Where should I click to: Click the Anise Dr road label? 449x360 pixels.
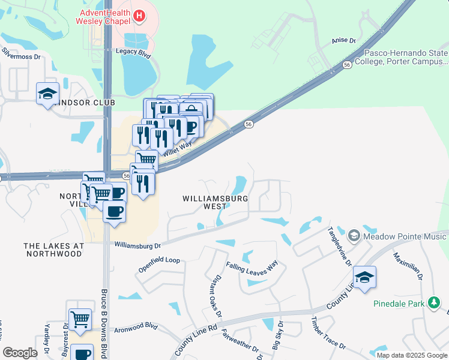pyautogui.click(x=343, y=41)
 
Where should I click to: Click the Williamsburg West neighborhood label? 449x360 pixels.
pyautogui.click(x=204, y=202)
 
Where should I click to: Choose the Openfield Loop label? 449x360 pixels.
pyautogui.click(x=160, y=260)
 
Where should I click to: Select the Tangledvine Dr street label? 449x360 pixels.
pyautogui.click(x=339, y=247)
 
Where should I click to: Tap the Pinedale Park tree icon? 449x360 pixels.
pyautogui.click(x=434, y=303)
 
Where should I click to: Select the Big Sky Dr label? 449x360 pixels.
pyautogui.click(x=278, y=336)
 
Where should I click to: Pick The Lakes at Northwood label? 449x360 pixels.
pyautogui.click(x=53, y=250)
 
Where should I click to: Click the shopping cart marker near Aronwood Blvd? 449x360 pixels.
pyautogui.click(x=80, y=319)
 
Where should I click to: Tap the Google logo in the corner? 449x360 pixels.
pyautogui.click(x=20, y=353)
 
